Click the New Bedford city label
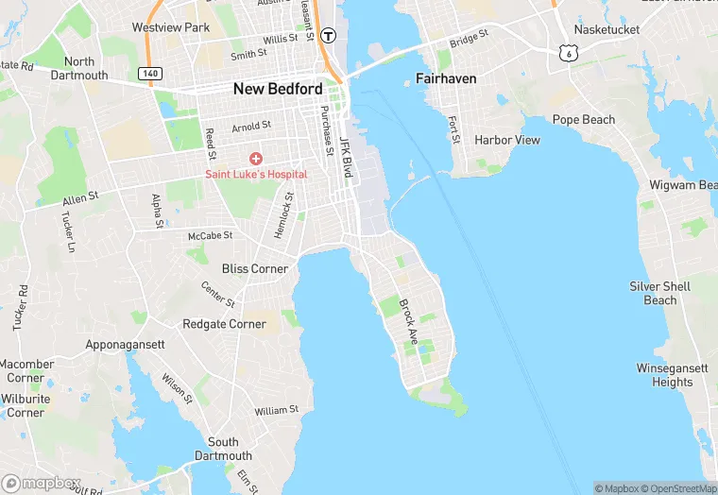point(278,89)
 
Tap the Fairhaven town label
point(446,78)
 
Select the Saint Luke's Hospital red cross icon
point(256,159)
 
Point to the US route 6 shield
point(568,54)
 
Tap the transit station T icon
point(328,36)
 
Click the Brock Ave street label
point(408,320)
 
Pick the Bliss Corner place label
point(255,268)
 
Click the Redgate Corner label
point(225,324)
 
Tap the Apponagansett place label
point(126,345)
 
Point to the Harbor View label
point(507,140)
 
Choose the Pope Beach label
point(584,120)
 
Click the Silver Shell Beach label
point(660,293)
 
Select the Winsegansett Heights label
point(672,375)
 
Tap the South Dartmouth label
point(223,449)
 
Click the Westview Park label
point(171,27)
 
